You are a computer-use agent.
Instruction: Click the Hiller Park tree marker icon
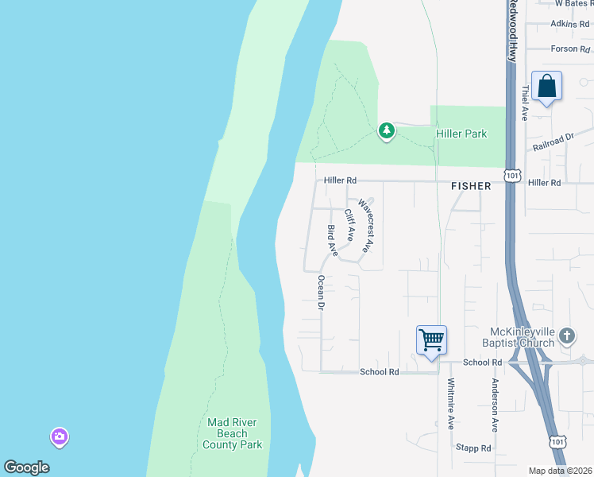tap(386, 130)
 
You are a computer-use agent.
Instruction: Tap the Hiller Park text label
tap(461, 134)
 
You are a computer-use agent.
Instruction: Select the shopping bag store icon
tap(547, 86)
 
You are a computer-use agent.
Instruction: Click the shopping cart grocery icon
tap(431, 340)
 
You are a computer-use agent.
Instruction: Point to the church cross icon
tap(566, 335)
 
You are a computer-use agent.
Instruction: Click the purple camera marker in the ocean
tap(60, 436)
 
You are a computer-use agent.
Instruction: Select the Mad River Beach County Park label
tap(233, 434)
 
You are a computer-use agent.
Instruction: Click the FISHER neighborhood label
tap(471, 186)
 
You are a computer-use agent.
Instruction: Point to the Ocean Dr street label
tap(322, 293)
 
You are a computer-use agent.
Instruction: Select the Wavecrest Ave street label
tap(365, 226)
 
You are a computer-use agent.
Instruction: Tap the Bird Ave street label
tap(332, 241)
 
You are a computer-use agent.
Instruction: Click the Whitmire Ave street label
tap(450, 403)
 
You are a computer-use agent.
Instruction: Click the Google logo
tap(26, 467)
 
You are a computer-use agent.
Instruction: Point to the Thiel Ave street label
tap(525, 103)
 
